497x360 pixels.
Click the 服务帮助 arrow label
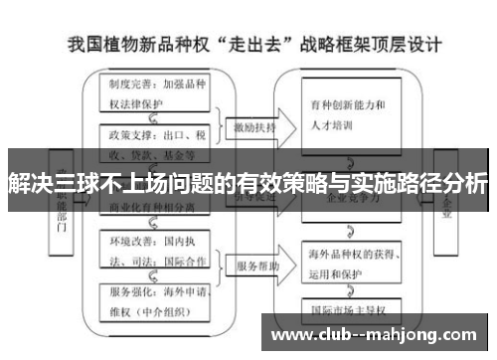pos(256,268)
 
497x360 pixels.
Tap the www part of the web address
pos(292,334)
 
